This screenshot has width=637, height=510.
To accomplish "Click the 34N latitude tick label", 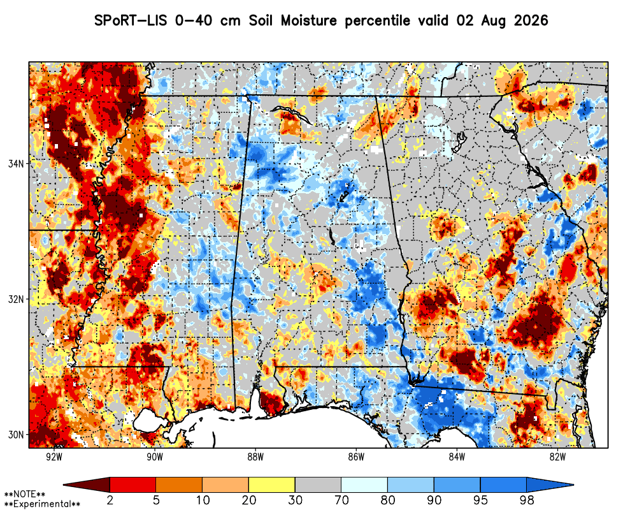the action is (x=16, y=163).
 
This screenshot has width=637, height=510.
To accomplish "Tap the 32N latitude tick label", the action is (x=16, y=300).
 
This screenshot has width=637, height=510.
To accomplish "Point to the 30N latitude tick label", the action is (x=16, y=435).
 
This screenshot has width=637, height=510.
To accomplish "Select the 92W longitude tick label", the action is (x=54, y=457).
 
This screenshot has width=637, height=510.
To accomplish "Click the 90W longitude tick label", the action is (x=155, y=457).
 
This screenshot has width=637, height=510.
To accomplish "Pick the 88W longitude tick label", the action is (x=255, y=457).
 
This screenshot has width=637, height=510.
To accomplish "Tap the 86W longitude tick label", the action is (x=356, y=457).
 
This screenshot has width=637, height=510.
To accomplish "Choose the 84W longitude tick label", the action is (x=457, y=457).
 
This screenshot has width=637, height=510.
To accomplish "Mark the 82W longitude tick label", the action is (x=557, y=457).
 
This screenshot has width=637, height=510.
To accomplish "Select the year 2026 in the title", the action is (x=531, y=20).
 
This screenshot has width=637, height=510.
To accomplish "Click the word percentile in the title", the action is (x=377, y=21).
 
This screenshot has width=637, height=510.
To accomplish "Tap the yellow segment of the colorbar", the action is (x=272, y=484).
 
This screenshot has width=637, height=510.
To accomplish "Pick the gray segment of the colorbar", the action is (x=318, y=484).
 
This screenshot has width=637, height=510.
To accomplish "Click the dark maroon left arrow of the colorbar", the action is (x=87, y=484).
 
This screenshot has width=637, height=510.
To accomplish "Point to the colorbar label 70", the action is (x=341, y=500).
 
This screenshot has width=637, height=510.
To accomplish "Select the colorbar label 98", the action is (x=526, y=500).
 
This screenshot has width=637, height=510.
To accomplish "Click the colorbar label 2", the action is (x=110, y=500).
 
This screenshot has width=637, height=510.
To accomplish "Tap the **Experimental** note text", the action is (x=42, y=504).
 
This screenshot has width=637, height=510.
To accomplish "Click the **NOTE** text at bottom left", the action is (x=24, y=494).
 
